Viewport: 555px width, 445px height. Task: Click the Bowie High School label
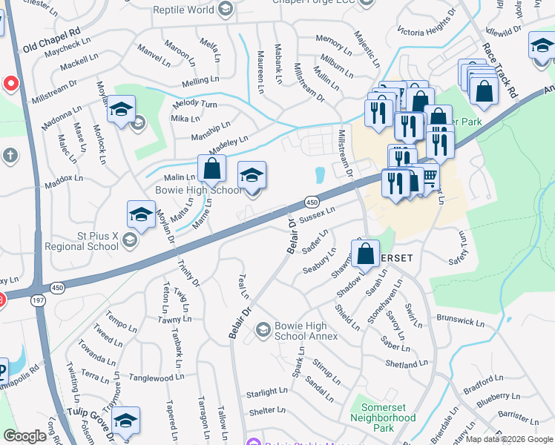click(198, 191)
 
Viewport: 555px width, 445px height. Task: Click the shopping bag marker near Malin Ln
click(212, 168)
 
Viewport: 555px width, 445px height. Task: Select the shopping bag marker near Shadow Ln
click(367, 254)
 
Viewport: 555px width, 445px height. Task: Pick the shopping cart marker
click(428, 177)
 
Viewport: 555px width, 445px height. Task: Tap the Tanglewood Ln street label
click(157, 378)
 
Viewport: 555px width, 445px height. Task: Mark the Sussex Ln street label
click(319, 213)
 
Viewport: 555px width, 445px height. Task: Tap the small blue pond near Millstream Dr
click(320, 175)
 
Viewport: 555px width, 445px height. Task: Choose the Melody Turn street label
click(194, 105)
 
